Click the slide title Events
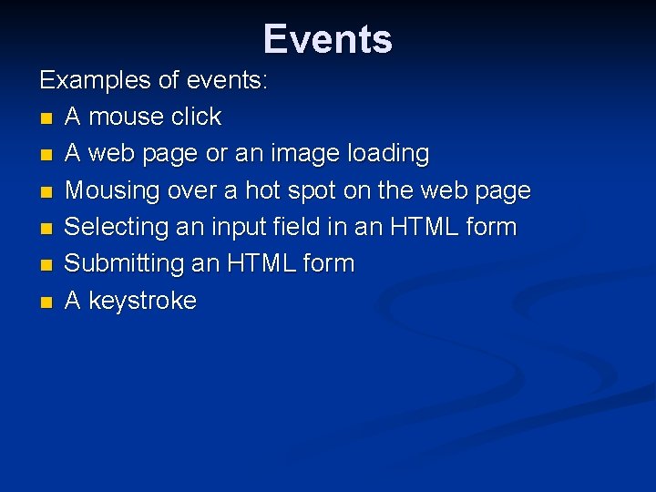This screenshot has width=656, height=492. (x=328, y=39)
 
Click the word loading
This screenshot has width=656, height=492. (x=387, y=154)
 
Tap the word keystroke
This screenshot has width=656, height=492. (x=142, y=301)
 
